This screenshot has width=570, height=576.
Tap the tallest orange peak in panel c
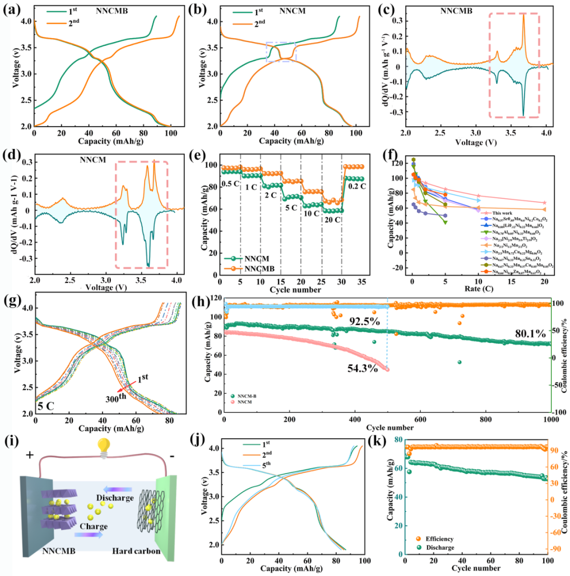pos(524,16)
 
